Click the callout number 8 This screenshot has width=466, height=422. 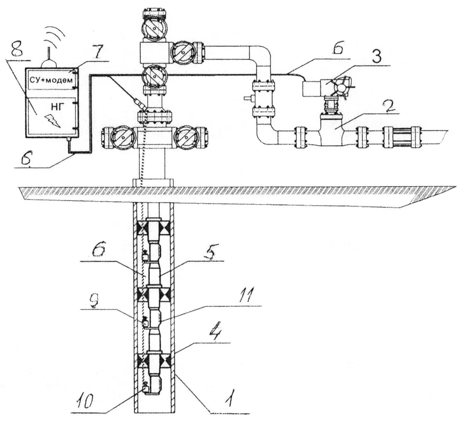click(x=17, y=52)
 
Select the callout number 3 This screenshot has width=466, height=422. click(x=376, y=57)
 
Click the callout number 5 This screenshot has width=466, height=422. click(x=210, y=253)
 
